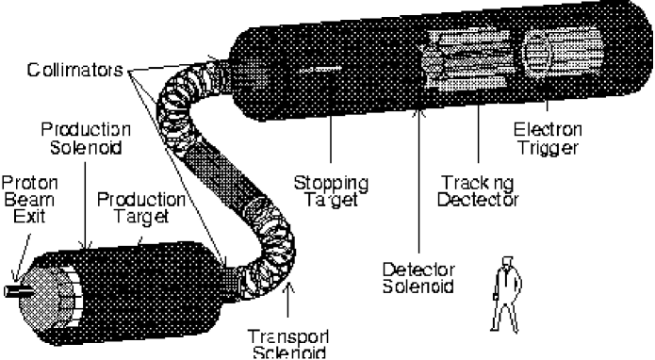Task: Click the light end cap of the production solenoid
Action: [x=54, y=282]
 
